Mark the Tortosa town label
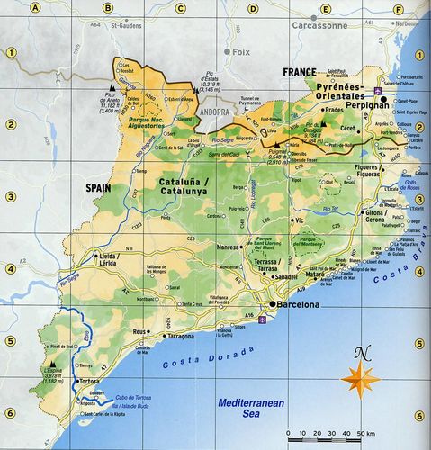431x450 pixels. [x=89, y=382]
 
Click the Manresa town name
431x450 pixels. [x=230, y=246]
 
